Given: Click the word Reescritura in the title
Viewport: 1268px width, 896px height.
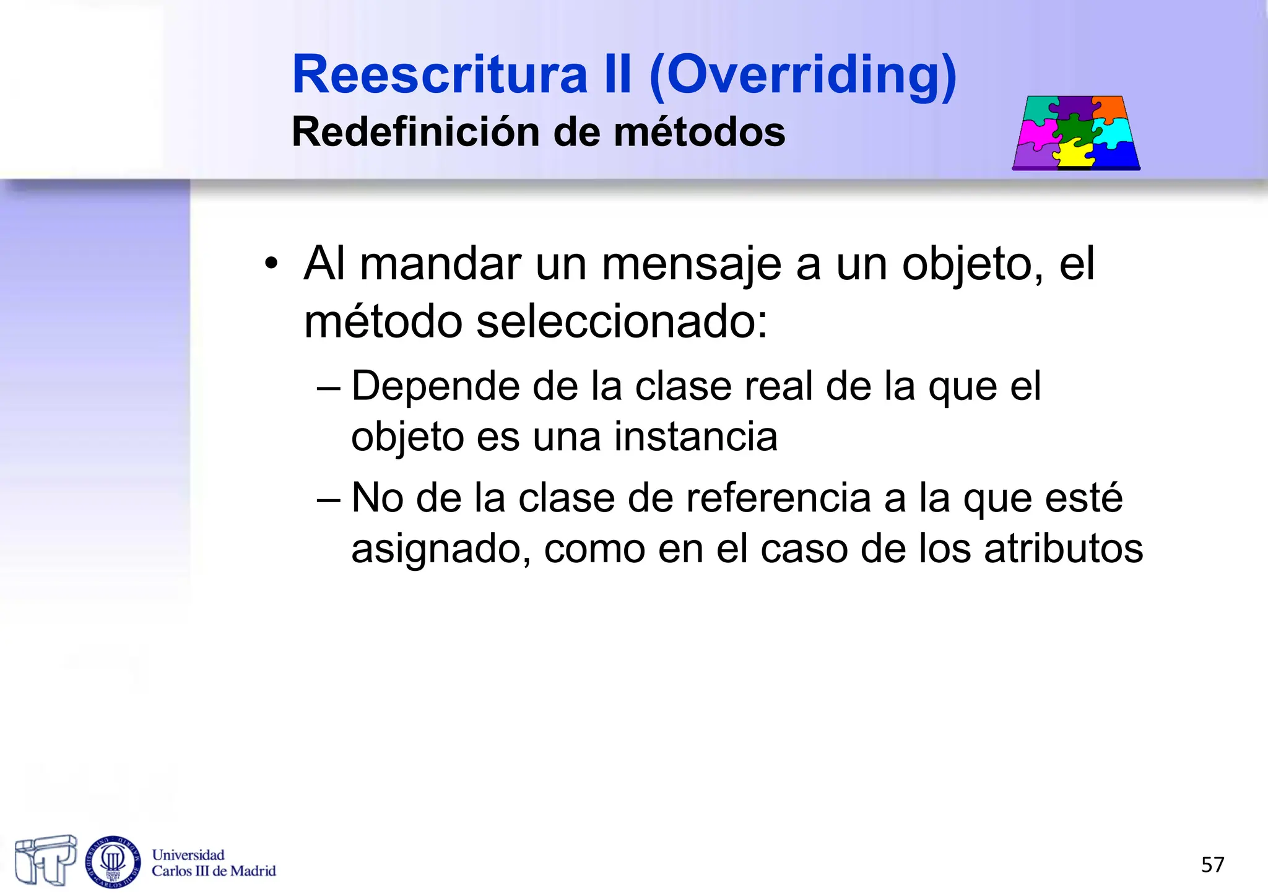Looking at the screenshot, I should [440, 74].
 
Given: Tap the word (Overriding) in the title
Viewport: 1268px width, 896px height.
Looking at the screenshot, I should [802, 76].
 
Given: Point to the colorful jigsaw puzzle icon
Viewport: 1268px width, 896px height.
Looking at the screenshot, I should [1076, 133].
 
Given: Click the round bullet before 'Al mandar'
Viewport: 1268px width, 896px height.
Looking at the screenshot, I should [271, 264].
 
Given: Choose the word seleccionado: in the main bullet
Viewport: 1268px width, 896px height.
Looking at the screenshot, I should [622, 323].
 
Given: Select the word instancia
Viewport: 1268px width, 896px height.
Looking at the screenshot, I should [695, 437].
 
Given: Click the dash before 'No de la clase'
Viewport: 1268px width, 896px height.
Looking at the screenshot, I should [328, 499].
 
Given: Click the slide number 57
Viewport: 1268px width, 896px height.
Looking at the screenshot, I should [1212, 864].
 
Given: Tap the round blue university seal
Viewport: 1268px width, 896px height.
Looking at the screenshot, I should [113, 861].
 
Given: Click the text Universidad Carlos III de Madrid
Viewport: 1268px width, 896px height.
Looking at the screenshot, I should [214, 863].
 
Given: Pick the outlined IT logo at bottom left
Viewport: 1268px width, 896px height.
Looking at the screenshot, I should [46, 859].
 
